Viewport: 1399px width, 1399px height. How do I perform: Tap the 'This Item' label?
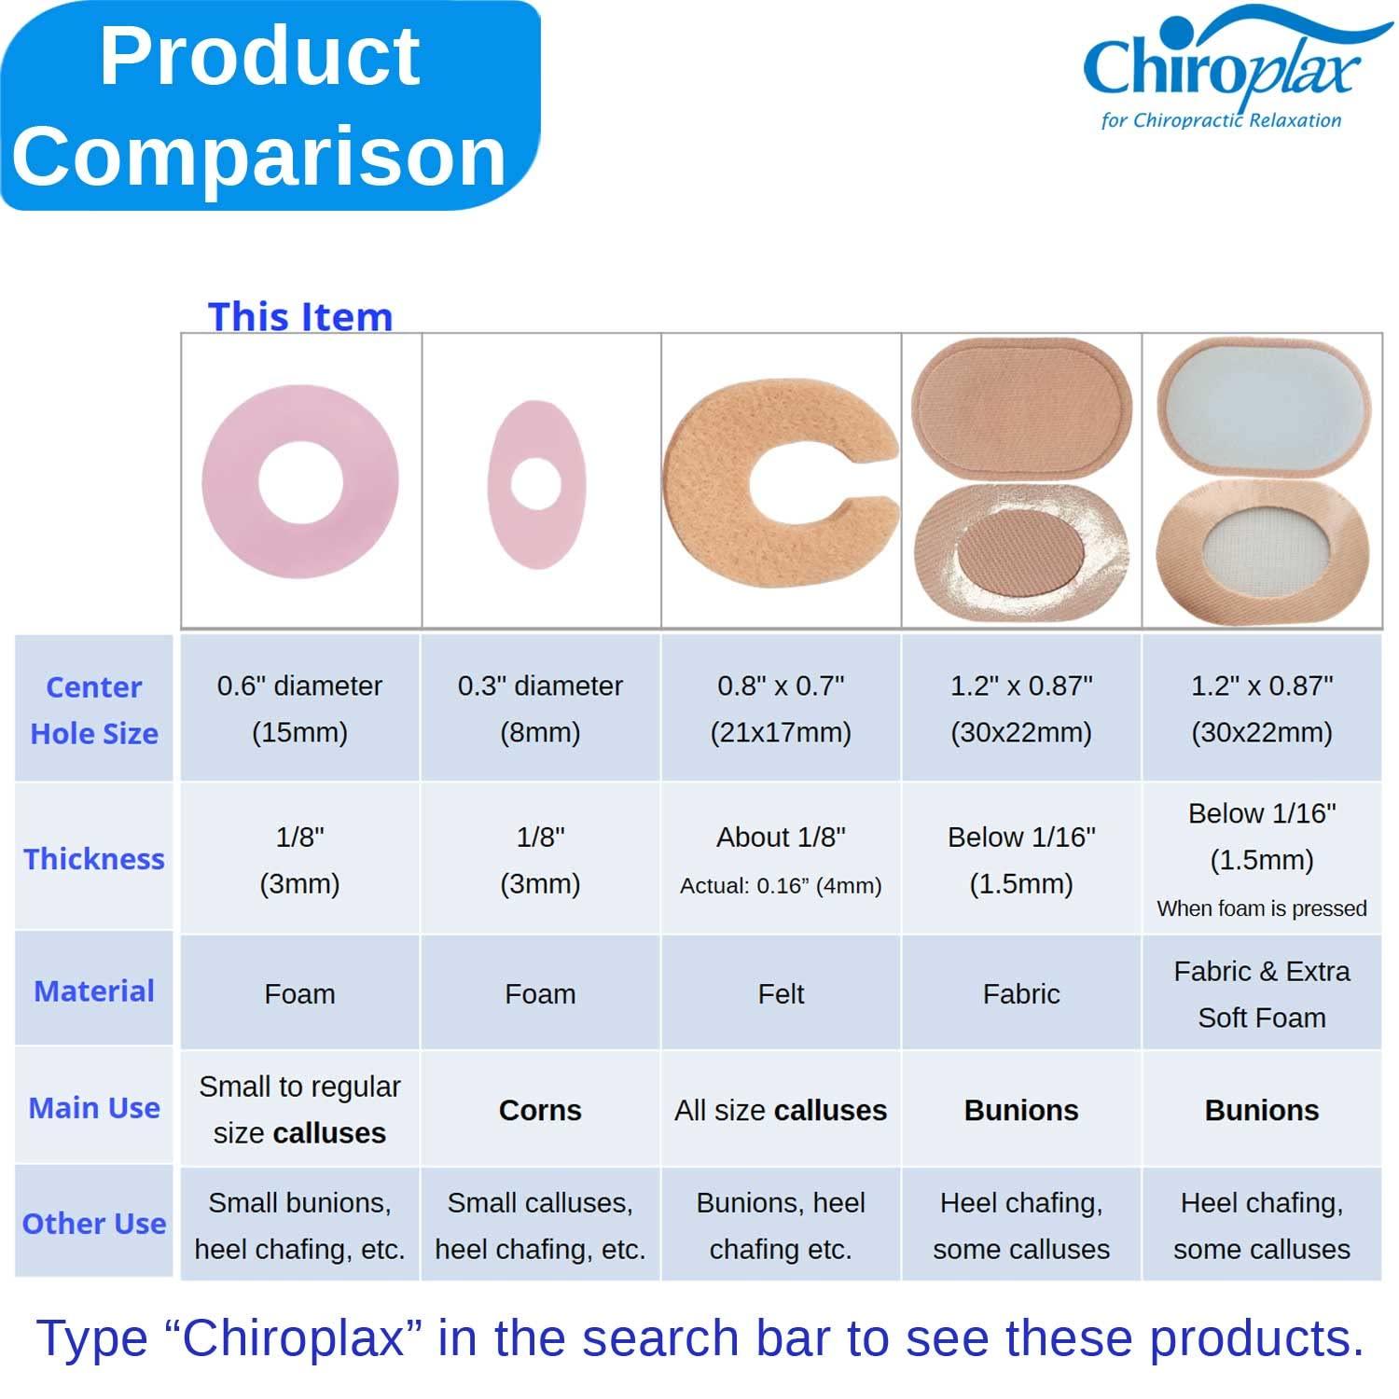coord(299,316)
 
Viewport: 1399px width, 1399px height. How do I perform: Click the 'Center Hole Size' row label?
coord(94,710)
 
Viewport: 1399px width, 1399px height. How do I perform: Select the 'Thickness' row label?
coord(94,859)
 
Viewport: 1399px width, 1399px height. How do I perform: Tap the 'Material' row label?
coord(94,990)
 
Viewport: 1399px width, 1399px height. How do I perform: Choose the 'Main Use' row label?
coord(94,1108)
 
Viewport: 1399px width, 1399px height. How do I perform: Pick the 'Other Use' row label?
coord(94,1224)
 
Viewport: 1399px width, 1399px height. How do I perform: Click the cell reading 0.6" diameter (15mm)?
coord(299,709)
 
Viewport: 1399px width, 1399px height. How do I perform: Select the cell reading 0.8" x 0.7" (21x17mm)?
coord(781,709)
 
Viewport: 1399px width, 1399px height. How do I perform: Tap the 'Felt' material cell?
coord(781,994)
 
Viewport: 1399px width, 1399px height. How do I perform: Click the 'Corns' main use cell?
coord(540,1110)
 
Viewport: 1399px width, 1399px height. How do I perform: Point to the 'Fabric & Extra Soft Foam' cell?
coord(1261,994)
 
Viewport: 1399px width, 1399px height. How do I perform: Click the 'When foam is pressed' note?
coord(1261,908)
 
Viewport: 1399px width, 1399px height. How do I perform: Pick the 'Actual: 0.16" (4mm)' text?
coord(781,886)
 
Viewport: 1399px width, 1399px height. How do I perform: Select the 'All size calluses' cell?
coord(781,1110)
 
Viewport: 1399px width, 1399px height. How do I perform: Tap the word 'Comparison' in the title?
coord(259,156)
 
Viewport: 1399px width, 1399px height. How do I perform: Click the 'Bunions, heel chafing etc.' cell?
coord(781,1226)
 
